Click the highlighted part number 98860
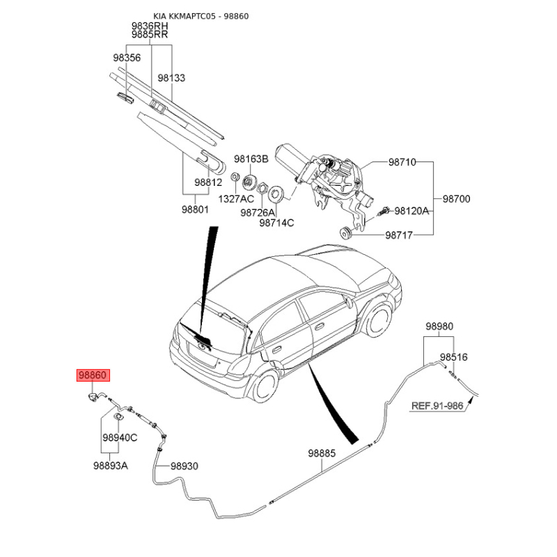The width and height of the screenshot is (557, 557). click(93, 375)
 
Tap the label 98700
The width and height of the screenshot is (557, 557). click(457, 199)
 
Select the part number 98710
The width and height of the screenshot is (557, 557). click(402, 162)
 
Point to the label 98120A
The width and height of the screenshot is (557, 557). click(411, 210)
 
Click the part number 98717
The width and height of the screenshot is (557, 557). click(400, 236)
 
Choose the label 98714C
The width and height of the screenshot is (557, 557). click(276, 223)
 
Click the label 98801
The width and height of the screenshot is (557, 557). click(196, 209)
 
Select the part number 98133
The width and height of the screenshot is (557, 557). click(171, 79)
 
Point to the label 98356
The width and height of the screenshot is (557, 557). click(127, 58)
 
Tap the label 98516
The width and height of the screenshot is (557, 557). click(453, 357)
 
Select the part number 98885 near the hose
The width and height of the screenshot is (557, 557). click(322, 453)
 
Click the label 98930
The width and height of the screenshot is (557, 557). click(185, 466)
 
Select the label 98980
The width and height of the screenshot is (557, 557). click(439, 325)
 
